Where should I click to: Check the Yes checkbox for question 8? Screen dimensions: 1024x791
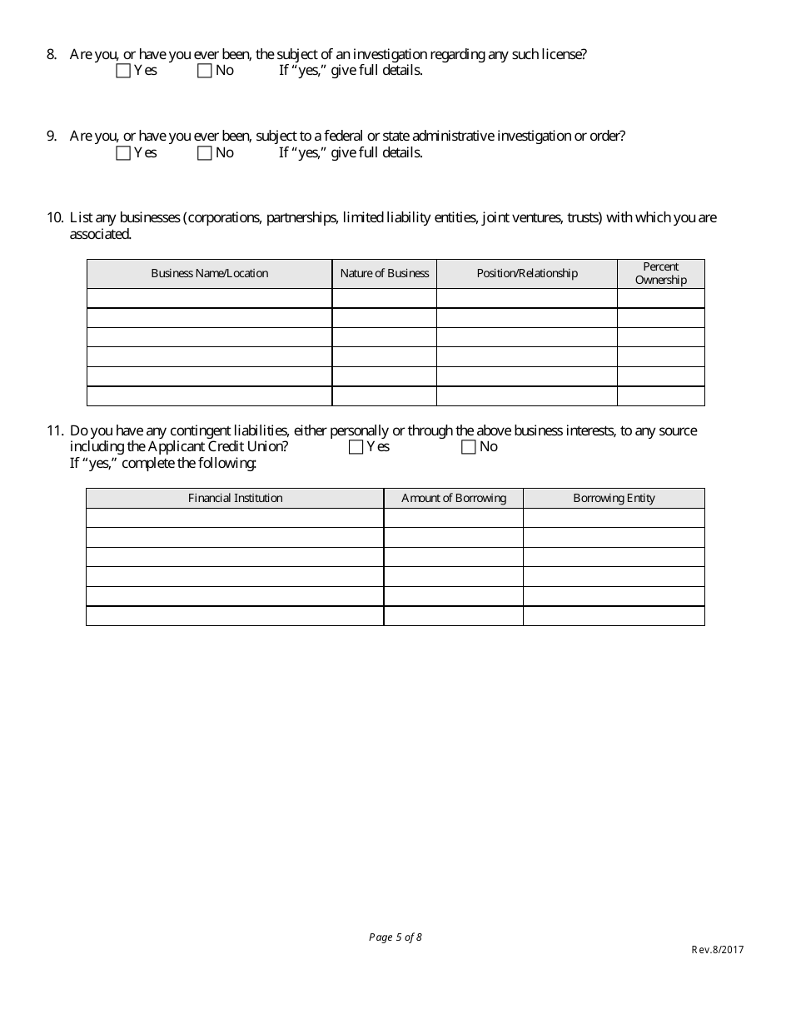tap(123, 72)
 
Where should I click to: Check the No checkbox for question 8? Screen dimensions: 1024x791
tap(205, 72)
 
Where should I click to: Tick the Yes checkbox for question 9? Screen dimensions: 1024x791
tap(123, 153)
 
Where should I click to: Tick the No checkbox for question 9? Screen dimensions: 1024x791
tap(205, 153)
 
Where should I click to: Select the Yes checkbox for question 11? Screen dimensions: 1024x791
tap(356, 447)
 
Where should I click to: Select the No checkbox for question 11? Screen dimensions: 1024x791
tap(468, 447)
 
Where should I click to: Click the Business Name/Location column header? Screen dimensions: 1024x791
tap(209, 274)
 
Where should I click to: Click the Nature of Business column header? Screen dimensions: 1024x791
tap(384, 274)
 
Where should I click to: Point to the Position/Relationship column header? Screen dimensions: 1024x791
tap(526, 274)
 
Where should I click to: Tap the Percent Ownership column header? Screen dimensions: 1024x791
tap(660, 274)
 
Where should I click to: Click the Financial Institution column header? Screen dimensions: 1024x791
tap(235, 498)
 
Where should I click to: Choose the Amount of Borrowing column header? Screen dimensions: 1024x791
tap(453, 498)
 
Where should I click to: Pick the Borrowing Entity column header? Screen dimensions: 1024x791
tap(614, 498)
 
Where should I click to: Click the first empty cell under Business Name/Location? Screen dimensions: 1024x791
tap(209, 298)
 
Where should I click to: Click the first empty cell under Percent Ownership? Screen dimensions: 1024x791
tap(660, 298)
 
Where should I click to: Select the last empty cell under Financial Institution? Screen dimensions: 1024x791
tap(235, 616)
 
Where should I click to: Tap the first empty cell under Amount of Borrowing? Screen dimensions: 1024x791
tap(453, 518)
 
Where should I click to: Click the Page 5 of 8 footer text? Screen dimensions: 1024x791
tap(395, 937)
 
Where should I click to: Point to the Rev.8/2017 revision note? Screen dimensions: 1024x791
tap(717, 950)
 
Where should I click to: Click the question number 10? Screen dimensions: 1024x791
tap(55, 218)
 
